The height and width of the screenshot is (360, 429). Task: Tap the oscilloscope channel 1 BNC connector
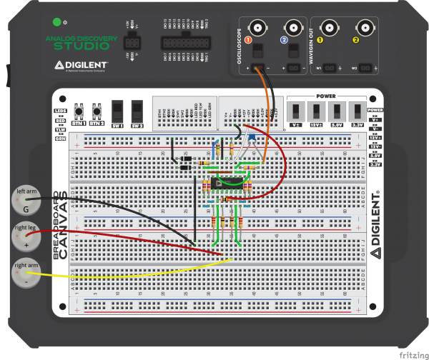click(256, 28)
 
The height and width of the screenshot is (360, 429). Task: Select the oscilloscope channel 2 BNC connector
click(290, 28)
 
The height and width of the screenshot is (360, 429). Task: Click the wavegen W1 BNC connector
click(328, 28)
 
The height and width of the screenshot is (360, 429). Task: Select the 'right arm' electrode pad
click(26, 275)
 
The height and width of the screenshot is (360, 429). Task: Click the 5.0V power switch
click(335, 111)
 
